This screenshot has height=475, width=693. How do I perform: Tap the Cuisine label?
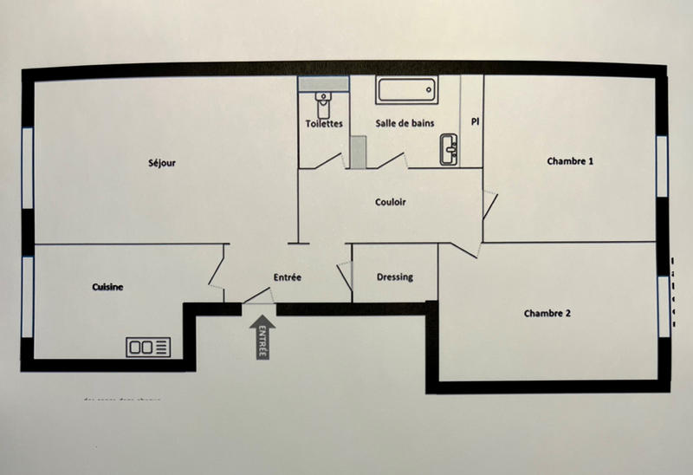coord(109,287)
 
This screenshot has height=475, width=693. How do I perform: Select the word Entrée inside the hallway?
coord(287,277)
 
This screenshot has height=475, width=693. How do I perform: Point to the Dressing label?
coord(395,277)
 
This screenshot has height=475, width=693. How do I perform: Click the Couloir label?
coord(391,202)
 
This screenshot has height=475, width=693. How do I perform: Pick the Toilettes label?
coord(324,124)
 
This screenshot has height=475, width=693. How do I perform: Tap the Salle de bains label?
coord(405,124)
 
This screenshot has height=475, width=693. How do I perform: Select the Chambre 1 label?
coord(570,161)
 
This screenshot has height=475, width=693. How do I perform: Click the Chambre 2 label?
coord(547,314)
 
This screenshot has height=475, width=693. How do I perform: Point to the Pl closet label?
coord(475,122)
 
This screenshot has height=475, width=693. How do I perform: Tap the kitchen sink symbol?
coord(150,347)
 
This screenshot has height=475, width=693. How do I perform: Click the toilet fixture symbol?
coord(323,103)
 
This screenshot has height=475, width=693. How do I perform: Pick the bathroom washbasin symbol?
coord(449,148)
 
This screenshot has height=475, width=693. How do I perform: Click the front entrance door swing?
coord(257,296)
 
